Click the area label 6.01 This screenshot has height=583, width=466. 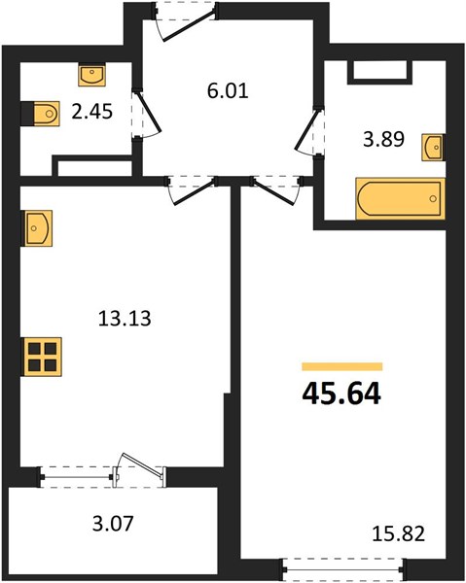click(x=228, y=91)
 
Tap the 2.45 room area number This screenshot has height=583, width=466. click(x=91, y=112)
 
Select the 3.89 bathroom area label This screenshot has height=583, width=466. click(x=383, y=140)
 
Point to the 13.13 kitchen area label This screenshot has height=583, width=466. click(x=125, y=319)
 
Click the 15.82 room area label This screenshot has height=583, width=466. click(x=398, y=533)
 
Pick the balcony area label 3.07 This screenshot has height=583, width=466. click(x=113, y=523)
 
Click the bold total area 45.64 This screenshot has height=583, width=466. click(x=341, y=394)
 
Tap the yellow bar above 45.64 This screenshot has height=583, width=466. click(x=342, y=366)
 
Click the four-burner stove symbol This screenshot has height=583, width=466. click(x=42, y=357)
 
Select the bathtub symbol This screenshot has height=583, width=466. click(x=401, y=199)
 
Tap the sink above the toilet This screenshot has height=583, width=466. click(x=91, y=75)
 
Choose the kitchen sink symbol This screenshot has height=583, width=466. click(x=36, y=228)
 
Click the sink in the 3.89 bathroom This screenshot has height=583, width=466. click(x=433, y=148)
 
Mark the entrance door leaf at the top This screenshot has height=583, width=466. click(x=190, y=24)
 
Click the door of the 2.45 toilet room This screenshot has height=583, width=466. click(x=150, y=111)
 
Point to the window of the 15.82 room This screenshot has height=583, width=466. click(x=342, y=569)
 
